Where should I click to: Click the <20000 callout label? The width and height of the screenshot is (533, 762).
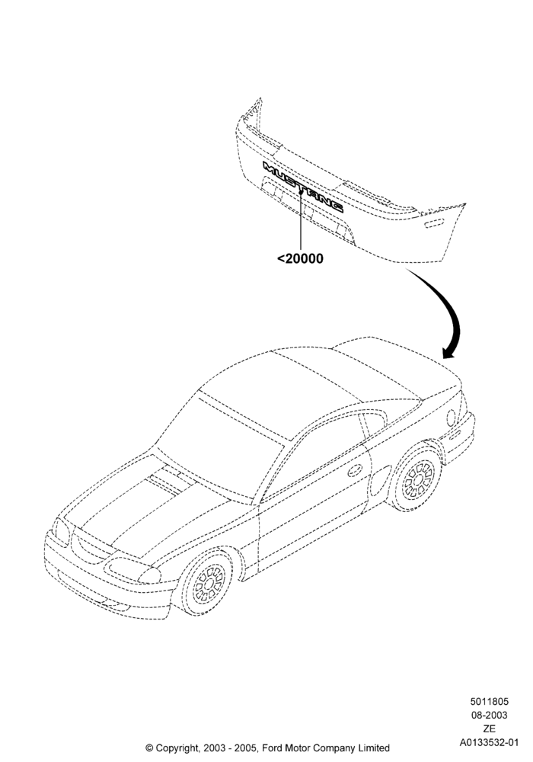(x=300, y=258)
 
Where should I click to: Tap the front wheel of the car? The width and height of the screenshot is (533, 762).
(x=209, y=583)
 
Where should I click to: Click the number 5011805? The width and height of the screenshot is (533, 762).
(x=489, y=701)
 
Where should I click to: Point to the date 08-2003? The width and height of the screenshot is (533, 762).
(x=489, y=715)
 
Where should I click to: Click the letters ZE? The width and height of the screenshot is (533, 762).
(x=489, y=728)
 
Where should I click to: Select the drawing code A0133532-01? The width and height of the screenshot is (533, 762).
(x=489, y=742)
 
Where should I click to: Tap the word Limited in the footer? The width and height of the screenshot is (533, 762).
(x=373, y=748)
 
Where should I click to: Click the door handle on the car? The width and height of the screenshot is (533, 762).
(x=355, y=469)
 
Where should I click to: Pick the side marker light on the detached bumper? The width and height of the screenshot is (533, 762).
(x=434, y=223)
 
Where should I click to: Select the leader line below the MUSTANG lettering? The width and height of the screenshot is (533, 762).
(x=301, y=221)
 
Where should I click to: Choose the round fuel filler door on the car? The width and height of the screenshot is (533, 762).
(x=452, y=418)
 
